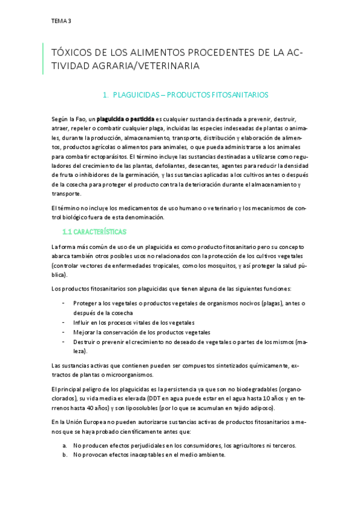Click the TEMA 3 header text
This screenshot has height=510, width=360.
pos(61,21)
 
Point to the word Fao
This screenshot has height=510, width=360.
pos(78,120)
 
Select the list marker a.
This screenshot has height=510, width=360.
pos(64,446)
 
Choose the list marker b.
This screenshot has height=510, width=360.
pos(64,455)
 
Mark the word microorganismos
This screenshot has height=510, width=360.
pos(139,375)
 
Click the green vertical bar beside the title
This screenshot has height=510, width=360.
pos(43,59)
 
